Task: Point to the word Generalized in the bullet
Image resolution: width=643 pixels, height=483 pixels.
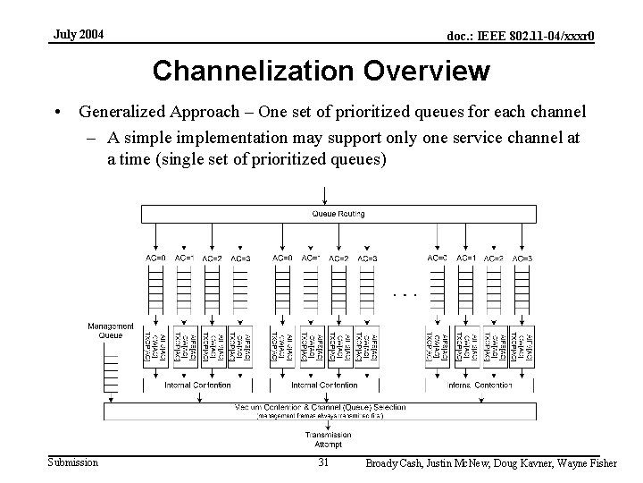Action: point(122,113)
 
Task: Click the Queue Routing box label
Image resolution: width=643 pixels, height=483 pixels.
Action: point(338,214)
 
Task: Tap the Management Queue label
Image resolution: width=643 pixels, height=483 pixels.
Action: point(111,330)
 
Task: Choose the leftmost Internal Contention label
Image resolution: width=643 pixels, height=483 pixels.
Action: point(197,385)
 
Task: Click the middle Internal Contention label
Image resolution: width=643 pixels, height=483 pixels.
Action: point(325,385)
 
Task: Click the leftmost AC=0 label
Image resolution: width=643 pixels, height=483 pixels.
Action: point(155,258)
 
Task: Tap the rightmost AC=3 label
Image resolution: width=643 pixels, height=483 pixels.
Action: point(522,258)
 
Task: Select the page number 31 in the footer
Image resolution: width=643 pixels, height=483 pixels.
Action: point(324,462)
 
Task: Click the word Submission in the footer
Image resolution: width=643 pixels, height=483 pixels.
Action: point(73,462)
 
